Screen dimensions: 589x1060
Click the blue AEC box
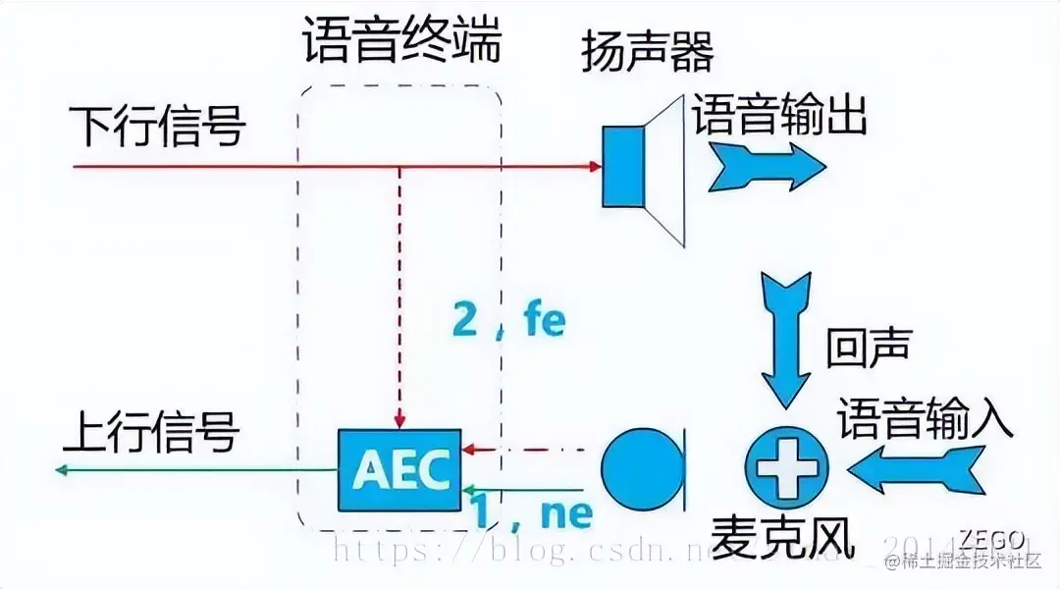pyautogui.click(x=400, y=469)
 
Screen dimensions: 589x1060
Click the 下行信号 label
pyautogui.click(x=157, y=126)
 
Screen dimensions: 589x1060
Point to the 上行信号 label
pyautogui.click(x=152, y=431)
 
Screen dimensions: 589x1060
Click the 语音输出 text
pyautogui.click(x=780, y=116)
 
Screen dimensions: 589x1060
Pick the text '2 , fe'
pyautogui.click(x=508, y=321)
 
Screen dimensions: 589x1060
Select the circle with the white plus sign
pyautogui.click(x=786, y=469)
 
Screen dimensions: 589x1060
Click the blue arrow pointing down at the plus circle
pyautogui.click(x=786, y=339)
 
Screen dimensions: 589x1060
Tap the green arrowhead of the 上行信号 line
pyautogui.click(x=63, y=470)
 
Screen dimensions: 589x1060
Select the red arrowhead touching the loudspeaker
pyautogui.click(x=594, y=166)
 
